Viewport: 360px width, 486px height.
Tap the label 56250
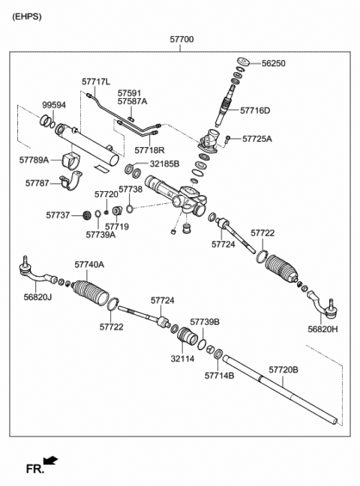273,64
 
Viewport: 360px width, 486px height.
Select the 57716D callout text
255,110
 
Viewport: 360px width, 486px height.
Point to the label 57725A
257,139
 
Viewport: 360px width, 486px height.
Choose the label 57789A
34,160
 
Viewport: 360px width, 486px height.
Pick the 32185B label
164,163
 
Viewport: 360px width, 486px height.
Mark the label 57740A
89,264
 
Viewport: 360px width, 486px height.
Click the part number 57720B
283,370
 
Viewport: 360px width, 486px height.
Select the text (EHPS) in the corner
27,16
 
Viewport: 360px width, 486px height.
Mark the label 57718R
148,149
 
